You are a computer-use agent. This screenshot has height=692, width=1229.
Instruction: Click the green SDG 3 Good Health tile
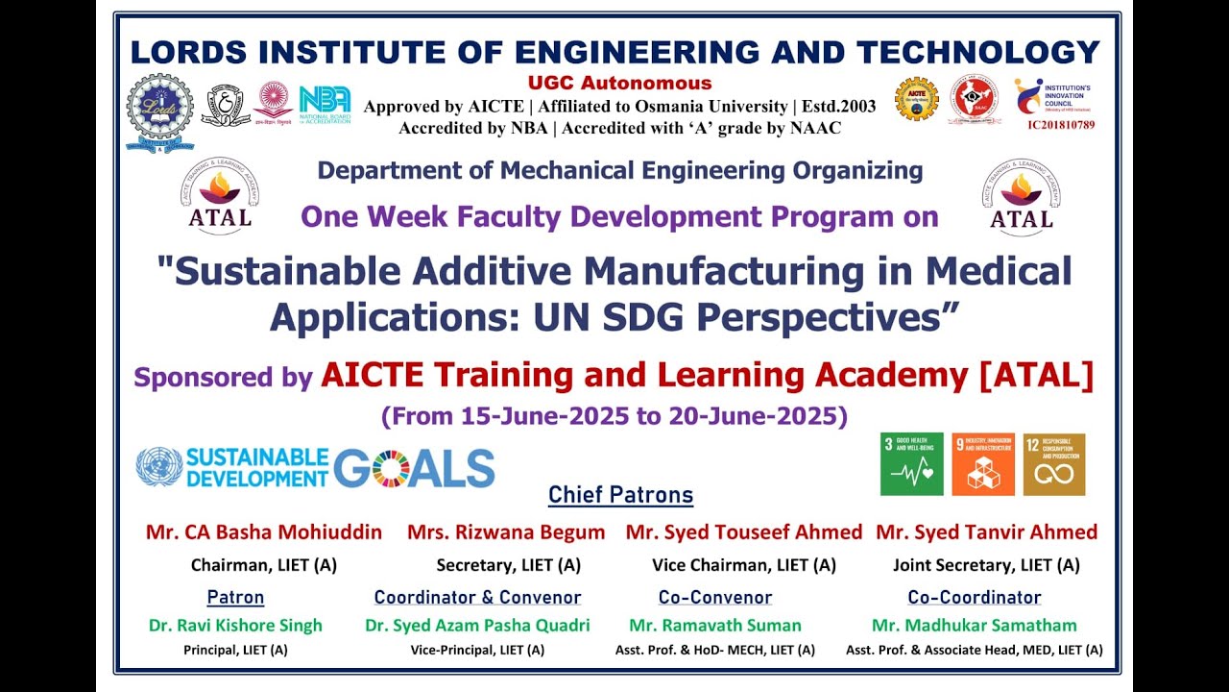click(x=911, y=464)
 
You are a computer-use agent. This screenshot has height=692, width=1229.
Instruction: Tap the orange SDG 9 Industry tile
click(x=983, y=464)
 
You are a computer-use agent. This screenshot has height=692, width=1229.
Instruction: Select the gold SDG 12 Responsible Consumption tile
click(x=1054, y=464)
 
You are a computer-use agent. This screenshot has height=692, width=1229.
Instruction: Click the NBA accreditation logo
click(x=325, y=105)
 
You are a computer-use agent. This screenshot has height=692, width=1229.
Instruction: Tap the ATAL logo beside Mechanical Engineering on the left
click(x=220, y=197)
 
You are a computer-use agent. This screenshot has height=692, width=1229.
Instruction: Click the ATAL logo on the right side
click(x=1021, y=197)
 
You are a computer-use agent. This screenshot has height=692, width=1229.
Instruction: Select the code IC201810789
click(x=1060, y=125)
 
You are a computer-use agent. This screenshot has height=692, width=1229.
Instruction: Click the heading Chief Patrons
click(x=620, y=495)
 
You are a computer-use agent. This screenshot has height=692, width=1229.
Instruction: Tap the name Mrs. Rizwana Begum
click(x=506, y=532)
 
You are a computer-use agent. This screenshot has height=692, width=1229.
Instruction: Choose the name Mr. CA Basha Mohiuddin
click(x=264, y=532)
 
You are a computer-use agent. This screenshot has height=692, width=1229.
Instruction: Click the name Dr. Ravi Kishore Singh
click(x=235, y=626)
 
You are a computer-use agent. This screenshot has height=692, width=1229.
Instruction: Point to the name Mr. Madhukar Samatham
click(x=974, y=626)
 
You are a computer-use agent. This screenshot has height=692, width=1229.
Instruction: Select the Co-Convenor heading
click(x=715, y=598)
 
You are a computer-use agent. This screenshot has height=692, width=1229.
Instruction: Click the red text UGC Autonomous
click(x=619, y=84)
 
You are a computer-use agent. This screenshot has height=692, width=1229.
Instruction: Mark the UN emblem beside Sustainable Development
click(x=159, y=466)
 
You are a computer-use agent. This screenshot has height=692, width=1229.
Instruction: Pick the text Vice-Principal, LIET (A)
click(x=477, y=651)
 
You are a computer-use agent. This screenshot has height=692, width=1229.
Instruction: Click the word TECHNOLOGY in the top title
click(x=978, y=51)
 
